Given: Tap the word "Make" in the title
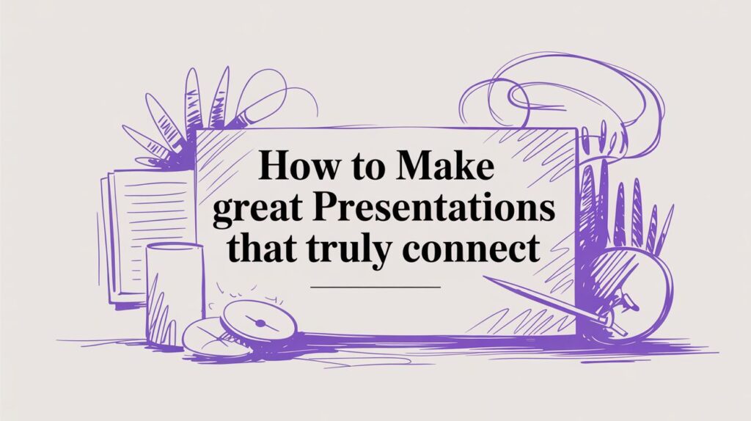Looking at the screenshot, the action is (444, 166).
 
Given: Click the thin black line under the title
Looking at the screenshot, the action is (375, 288).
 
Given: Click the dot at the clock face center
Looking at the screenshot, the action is (260, 323).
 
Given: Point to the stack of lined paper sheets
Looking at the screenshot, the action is (146, 235).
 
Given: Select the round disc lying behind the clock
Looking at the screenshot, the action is (210, 337).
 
